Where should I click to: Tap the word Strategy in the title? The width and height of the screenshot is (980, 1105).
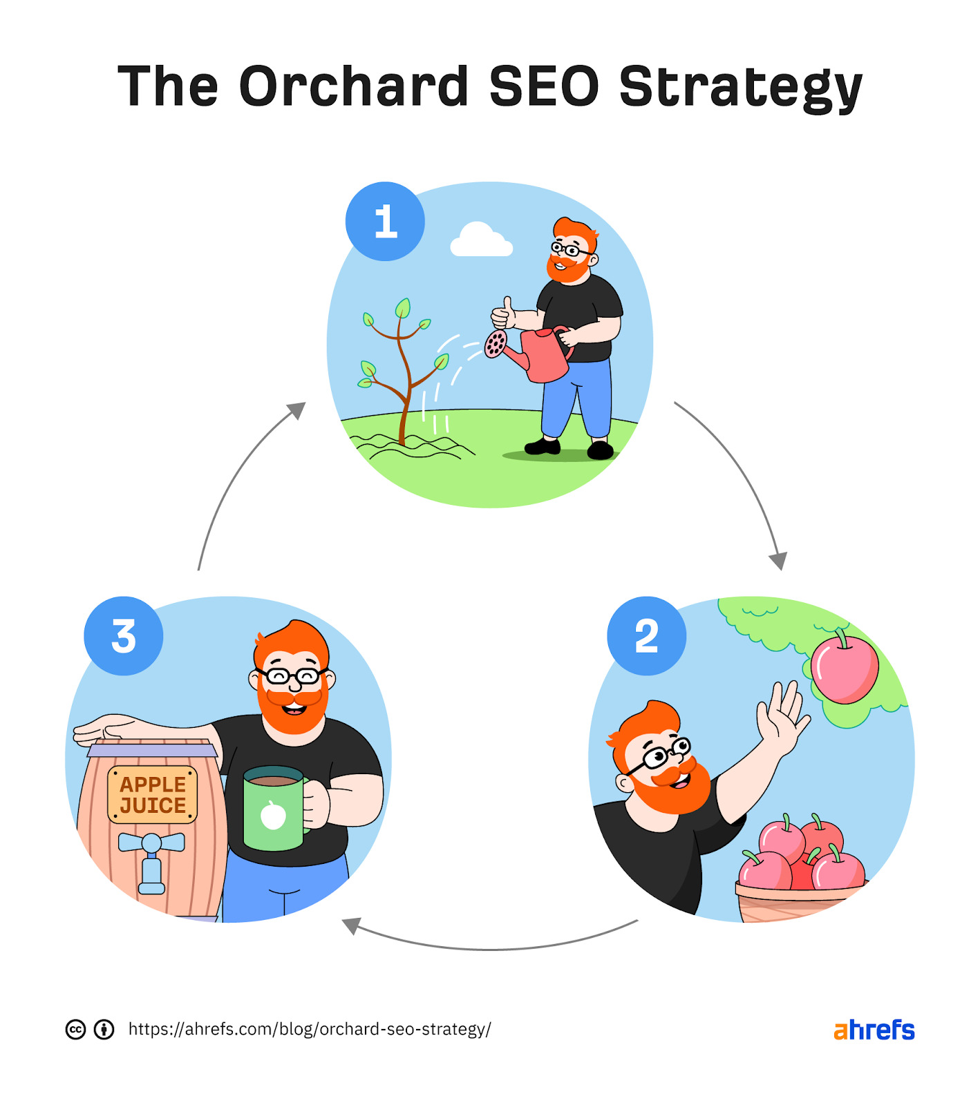pos(741,88)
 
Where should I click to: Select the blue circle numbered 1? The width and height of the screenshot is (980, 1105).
pos(385,221)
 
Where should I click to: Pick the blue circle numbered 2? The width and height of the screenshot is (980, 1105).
pos(647,635)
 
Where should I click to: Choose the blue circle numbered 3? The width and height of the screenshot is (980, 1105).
pos(124,635)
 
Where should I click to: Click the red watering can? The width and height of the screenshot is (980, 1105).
pos(532,352)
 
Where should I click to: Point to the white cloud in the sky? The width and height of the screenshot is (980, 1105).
pos(481,240)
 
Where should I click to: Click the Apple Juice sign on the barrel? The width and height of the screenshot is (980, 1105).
pos(153,795)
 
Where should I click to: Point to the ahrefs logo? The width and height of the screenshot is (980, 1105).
pos(874,1030)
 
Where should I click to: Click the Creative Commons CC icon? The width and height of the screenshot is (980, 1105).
pos(75,1030)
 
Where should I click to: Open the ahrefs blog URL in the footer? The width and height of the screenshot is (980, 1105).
pos(310,1029)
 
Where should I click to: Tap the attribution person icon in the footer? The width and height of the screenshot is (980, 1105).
pos(104,1030)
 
